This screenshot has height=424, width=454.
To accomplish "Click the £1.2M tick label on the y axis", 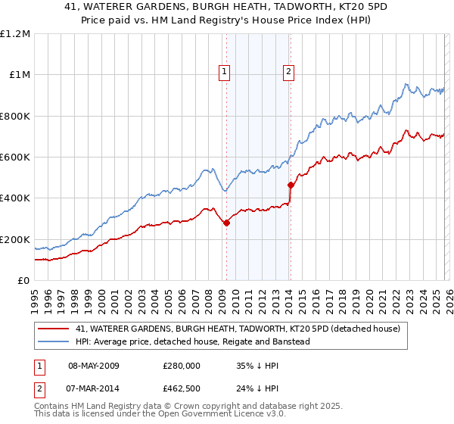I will [15, 33].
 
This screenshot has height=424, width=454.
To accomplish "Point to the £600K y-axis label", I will [15, 157].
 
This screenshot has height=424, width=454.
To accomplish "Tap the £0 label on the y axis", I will [23, 280].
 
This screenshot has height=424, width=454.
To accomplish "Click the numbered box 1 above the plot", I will [225, 73].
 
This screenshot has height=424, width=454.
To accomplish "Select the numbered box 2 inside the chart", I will [289, 73].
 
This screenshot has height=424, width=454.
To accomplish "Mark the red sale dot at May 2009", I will [226, 223].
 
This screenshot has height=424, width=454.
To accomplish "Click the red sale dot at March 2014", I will [291, 185].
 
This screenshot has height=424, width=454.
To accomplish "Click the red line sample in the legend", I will [53, 329].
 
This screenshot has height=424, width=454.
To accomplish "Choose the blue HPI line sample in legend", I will [53, 341].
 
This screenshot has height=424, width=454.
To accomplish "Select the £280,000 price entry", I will [181, 365].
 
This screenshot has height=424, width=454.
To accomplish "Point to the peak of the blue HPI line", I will [406, 83].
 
